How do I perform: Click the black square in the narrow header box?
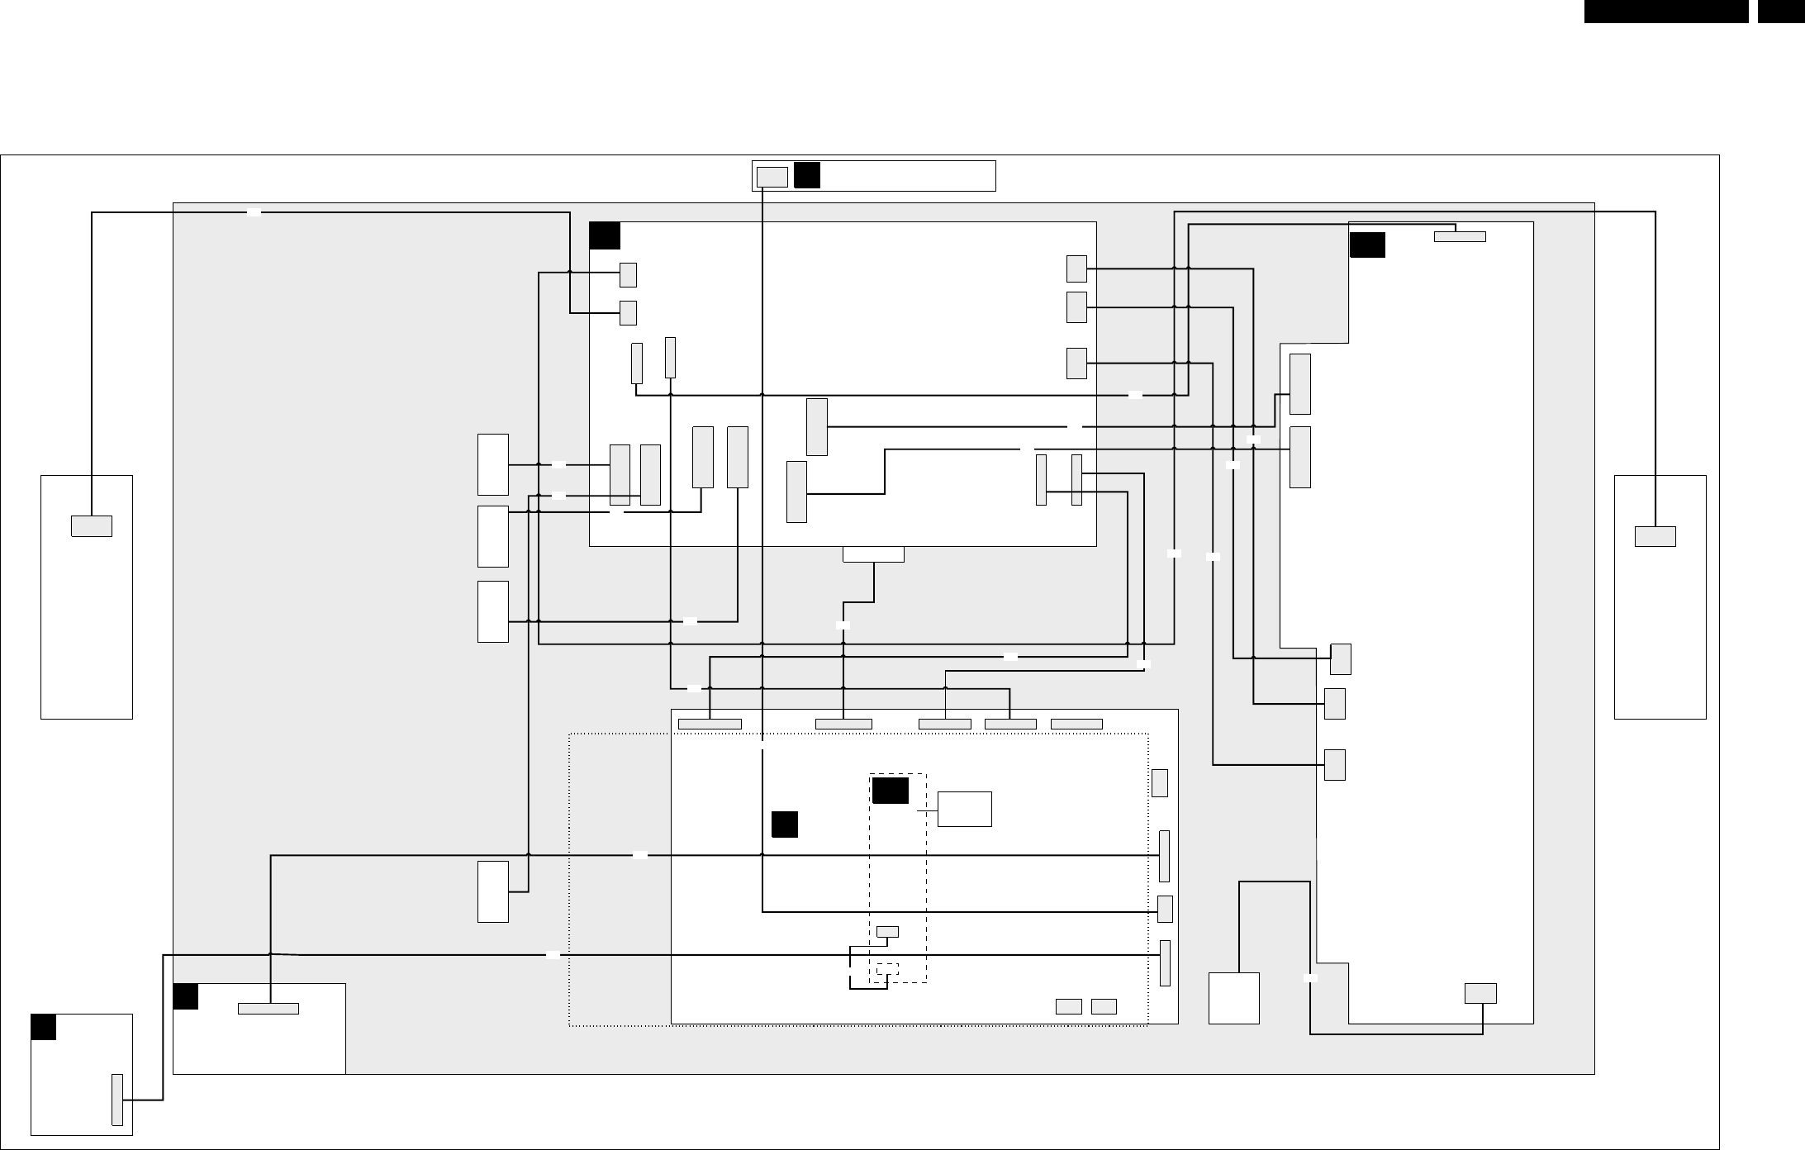point(806,175)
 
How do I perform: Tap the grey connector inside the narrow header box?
point(772,177)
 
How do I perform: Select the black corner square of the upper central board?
point(605,235)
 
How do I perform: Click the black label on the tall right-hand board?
point(1367,245)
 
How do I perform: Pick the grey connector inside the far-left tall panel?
point(92,526)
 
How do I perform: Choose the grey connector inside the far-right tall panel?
point(1655,536)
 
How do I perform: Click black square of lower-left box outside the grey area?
point(43,1027)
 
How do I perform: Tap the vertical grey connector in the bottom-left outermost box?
point(117,1100)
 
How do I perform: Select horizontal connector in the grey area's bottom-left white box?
point(268,1008)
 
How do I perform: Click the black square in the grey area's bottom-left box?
point(186,996)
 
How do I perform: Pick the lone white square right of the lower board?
point(1233,998)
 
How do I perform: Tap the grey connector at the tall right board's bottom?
point(1480,993)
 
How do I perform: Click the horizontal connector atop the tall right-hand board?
point(1460,236)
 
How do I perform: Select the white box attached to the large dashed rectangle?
point(965,809)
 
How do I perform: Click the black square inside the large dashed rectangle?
point(890,791)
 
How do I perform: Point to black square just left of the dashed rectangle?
point(785,824)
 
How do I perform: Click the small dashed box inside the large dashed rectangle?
point(887,968)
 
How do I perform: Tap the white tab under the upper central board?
point(873,554)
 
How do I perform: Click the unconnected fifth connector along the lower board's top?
point(1076,725)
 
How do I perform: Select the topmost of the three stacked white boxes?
point(493,464)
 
